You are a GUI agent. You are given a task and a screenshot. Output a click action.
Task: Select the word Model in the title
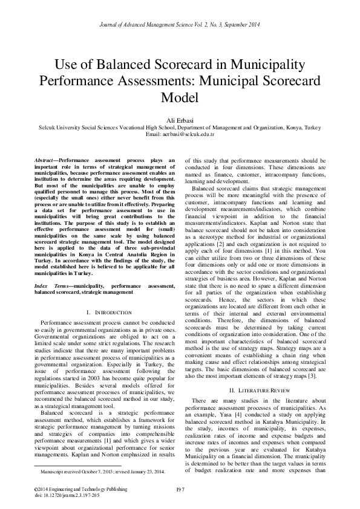click(x=180, y=96)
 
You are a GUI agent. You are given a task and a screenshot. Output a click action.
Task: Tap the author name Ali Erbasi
click(x=180, y=121)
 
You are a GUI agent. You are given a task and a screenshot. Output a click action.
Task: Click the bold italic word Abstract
click(x=45, y=160)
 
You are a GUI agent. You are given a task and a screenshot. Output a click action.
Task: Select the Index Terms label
click(x=51, y=284)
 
